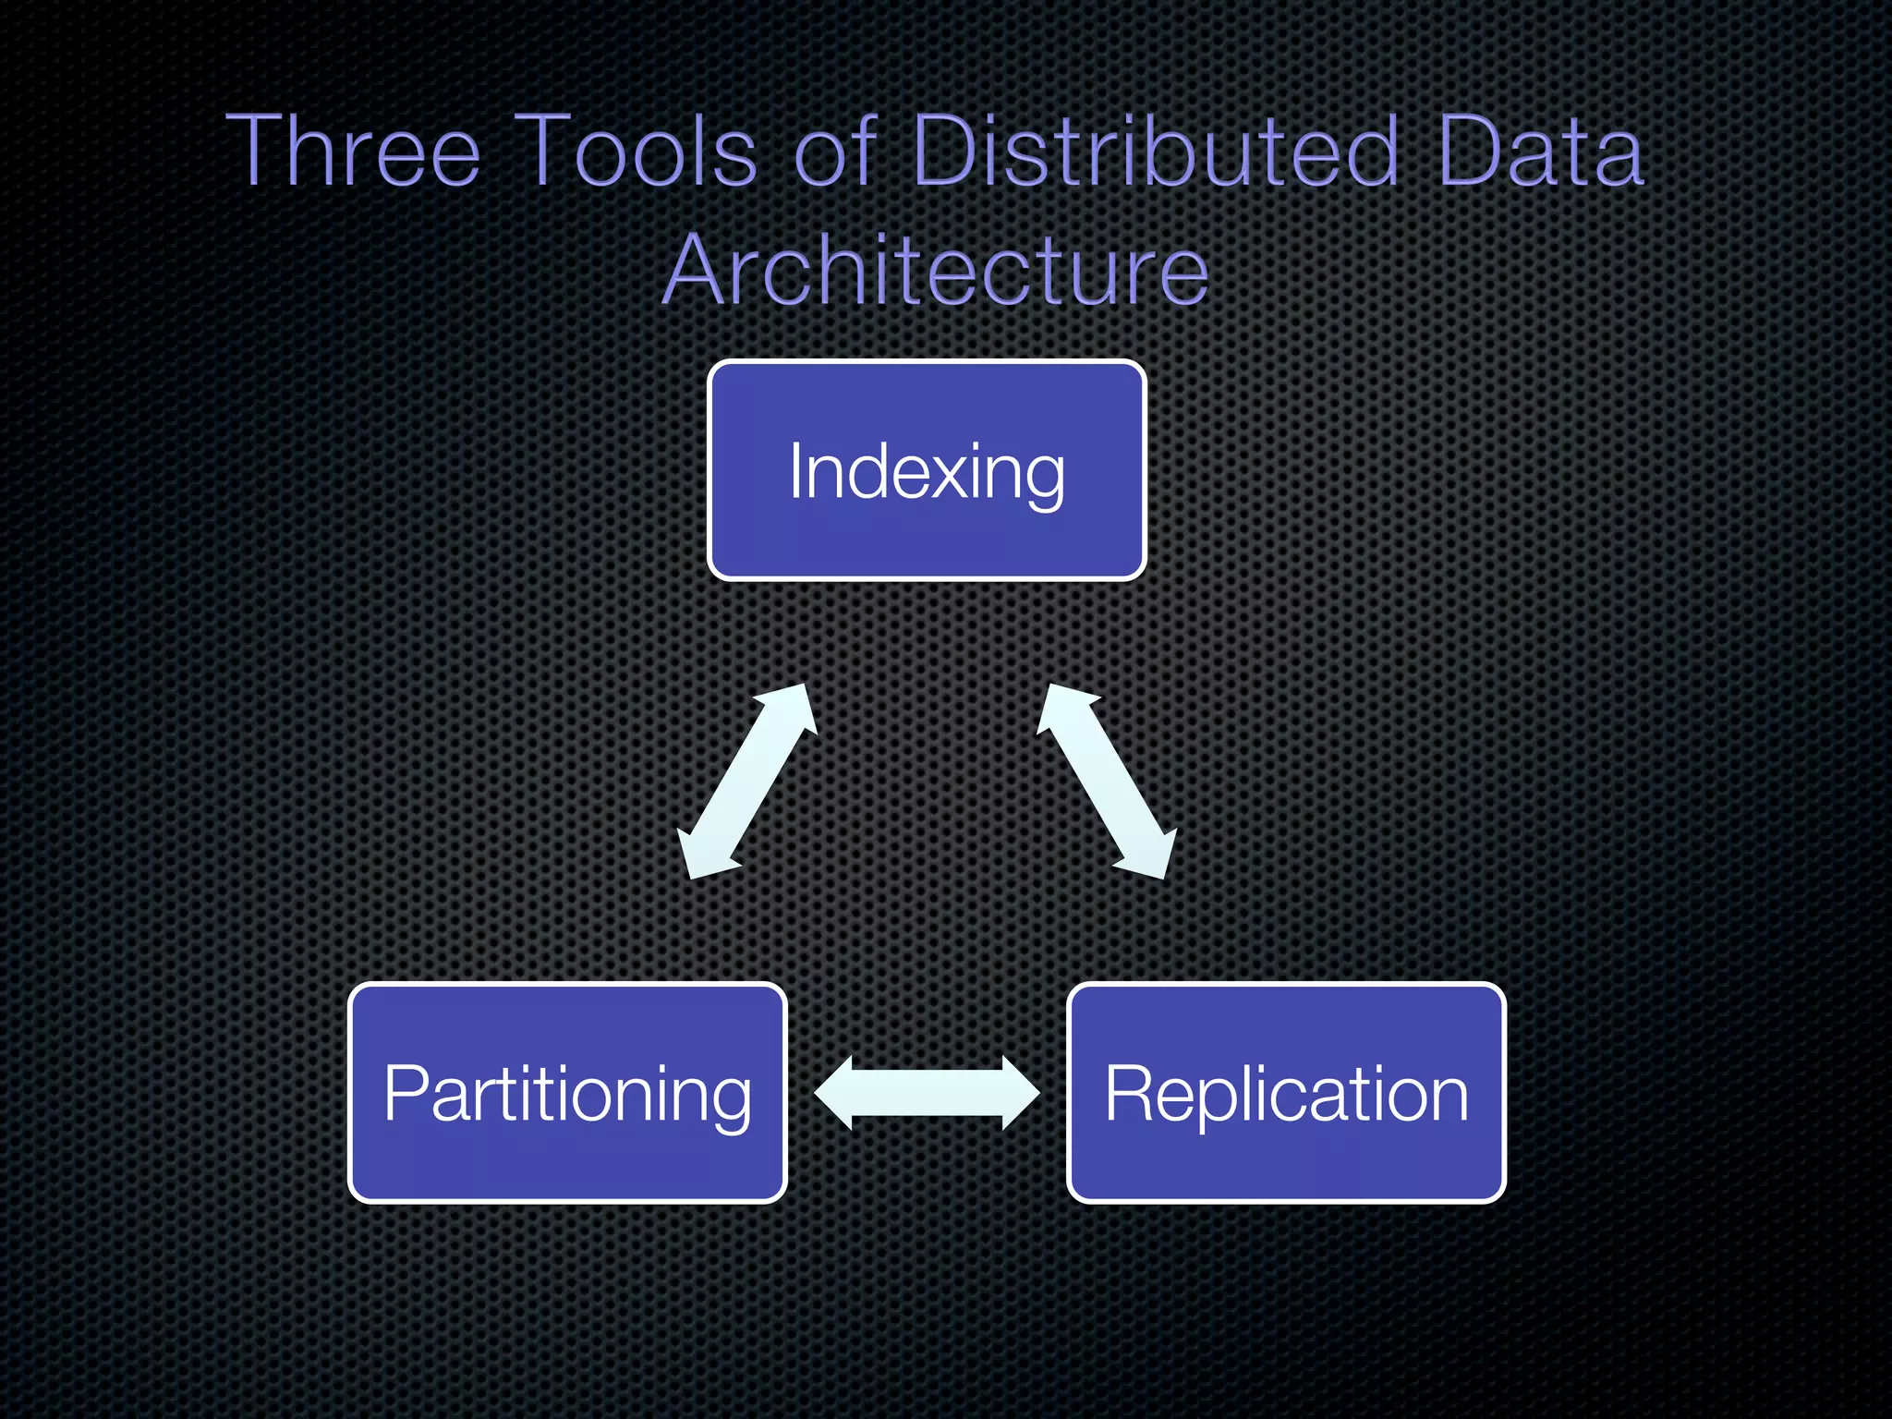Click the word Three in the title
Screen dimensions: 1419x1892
(x=353, y=151)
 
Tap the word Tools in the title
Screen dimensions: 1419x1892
(x=636, y=151)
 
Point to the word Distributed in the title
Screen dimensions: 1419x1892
(x=1155, y=151)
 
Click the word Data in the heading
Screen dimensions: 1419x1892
(x=1540, y=151)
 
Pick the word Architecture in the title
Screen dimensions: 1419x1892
(x=936, y=270)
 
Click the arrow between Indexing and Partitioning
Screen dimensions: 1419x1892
(x=748, y=782)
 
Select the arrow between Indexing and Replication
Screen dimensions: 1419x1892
(x=1107, y=782)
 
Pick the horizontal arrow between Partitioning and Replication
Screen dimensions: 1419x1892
(x=927, y=1093)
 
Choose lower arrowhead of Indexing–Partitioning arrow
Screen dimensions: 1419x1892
(x=704, y=855)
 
